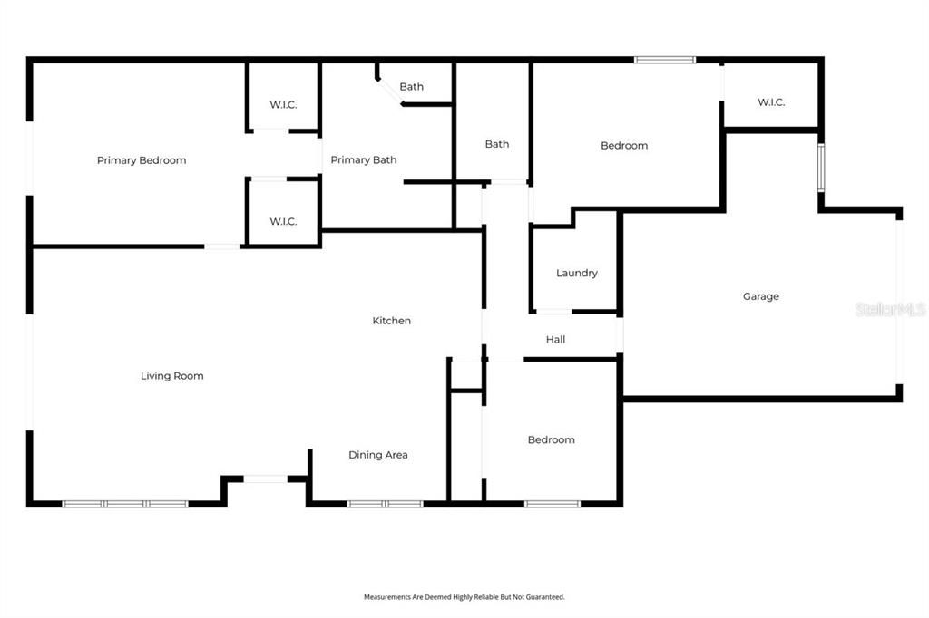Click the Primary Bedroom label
(x=142, y=160)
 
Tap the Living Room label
(x=171, y=376)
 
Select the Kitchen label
(x=392, y=321)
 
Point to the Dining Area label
(x=378, y=455)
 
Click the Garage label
(x=760, y=296)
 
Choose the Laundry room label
(x=577, y=273)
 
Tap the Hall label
(x=556, y=340)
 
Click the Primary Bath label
(x=363, y=160)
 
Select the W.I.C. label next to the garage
(x=771, y=102)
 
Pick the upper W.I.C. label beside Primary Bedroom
(x=283, y=105)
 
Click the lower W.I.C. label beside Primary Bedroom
(x=283, y=222)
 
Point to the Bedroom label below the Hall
(x=552, y=439)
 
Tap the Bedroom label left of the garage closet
(x=624, y=146)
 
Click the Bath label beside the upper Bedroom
(x=496, y=144)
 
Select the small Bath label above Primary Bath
(x=411, y=87)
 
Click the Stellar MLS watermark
(x=890, y=310)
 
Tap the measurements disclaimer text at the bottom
(x=464, y=597)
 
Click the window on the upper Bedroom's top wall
(x=664, y=60)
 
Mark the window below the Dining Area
(x=386, y=503)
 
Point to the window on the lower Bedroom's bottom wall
(x=553, y=503)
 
